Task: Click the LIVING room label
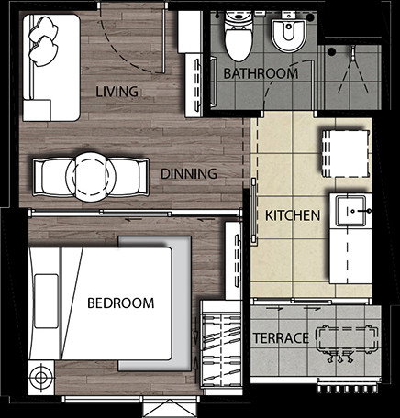click(117, 92)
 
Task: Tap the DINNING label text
click(189, 173)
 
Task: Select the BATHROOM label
click(261, 73)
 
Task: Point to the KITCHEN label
click(293, 215)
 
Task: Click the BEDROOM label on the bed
click(121, 303)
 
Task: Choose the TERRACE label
click(281, 338)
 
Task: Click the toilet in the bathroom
click(239, 36)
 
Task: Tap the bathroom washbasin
click(288, 35)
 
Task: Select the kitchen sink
click(350, 211)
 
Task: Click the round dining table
click(91, 177)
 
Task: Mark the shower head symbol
click(353, 53)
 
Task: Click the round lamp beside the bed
click(40, 378)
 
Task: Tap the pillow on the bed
click(46, 302)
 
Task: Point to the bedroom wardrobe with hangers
click(221, 345)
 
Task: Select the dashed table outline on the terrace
click(347, 339)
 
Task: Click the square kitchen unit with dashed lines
click(345, 153)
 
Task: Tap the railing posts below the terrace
click(347, 389)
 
